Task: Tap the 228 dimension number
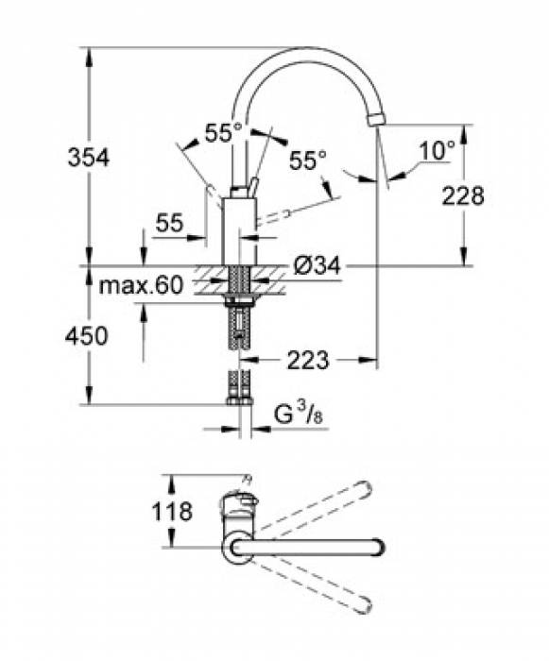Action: (x=463, y=195)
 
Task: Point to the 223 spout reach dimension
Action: (x=307, y=360)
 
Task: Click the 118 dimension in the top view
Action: (x=171, y=512)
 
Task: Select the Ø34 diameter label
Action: (x=315, y=268)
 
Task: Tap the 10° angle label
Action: (x=437, y=148)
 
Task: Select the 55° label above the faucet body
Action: (x=224, y=134)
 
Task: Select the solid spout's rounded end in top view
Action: (x=377, y=547)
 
